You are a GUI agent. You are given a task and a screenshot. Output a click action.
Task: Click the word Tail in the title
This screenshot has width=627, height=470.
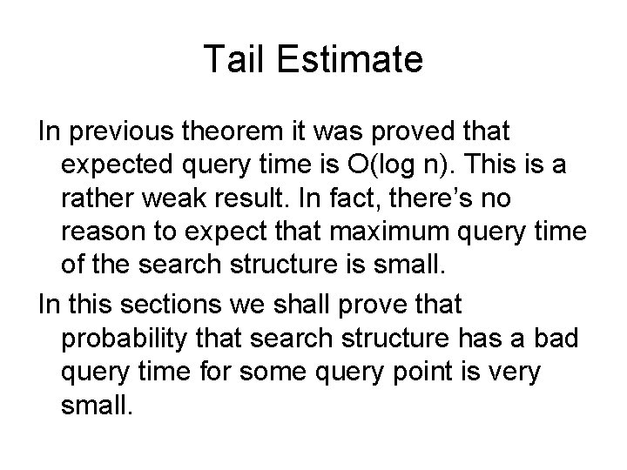coord(231,59)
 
